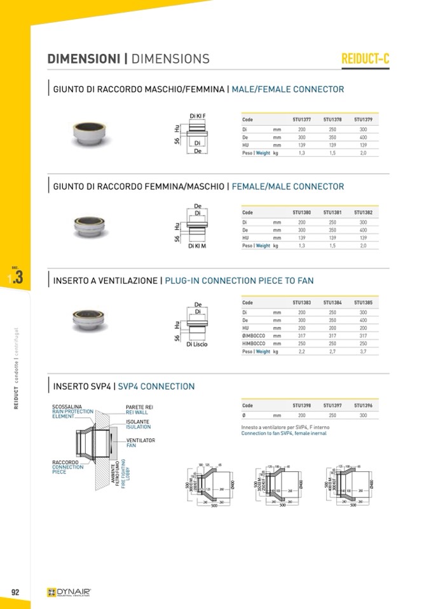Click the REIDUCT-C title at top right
tap(365, 59)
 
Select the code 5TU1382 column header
tap(363, 213)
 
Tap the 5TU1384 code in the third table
tap(332, 303)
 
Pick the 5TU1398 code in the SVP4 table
tap(301, 405)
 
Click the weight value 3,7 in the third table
tap(363, 351)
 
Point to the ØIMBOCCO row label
tap(254, 335)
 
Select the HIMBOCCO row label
tap(254, 343)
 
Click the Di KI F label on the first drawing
tap(198, 115)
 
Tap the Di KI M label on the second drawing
tap(197, 246)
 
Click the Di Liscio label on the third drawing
tap(197, 344)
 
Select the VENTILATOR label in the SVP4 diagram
tap(140, 440)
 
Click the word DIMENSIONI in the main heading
tap(84, 59)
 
